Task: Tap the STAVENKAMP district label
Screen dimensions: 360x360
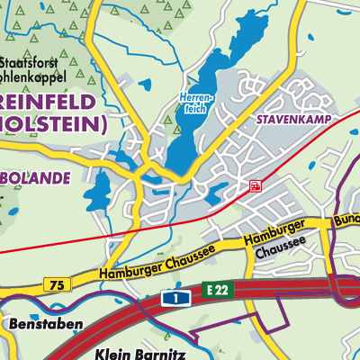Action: point(288,118)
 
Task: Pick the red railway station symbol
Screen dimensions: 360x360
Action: point(256,185)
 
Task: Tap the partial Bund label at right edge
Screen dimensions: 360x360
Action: point(346,220)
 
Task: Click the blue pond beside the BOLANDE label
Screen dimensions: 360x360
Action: point(102,190)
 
